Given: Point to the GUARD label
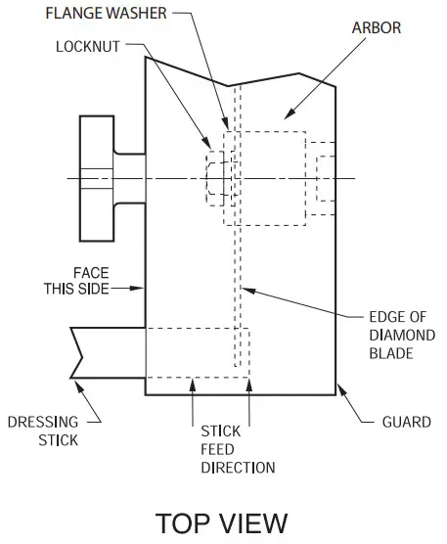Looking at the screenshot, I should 405,423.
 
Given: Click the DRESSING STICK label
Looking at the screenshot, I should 43,431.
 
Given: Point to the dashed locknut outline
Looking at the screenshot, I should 213,177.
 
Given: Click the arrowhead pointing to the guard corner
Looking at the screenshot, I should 341,390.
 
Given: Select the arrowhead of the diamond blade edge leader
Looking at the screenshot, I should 245,289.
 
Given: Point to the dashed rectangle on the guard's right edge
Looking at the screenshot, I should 323,177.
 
